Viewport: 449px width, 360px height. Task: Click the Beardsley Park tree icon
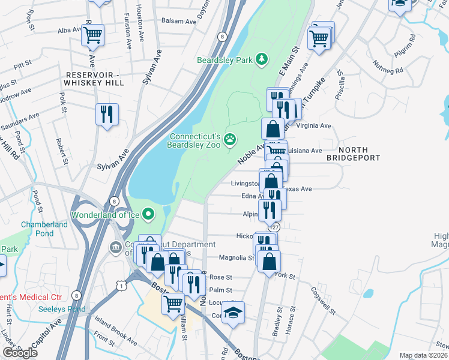(x=261, y=59)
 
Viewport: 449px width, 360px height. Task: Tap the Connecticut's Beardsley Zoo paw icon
(x=230, y=140)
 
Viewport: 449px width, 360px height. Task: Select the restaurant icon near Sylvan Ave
(x=107, y=114)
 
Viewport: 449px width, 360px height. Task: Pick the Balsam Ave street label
(x=179, y=22)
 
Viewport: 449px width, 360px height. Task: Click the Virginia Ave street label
(x=315, y=126)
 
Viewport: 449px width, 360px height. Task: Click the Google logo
(x=20, y=353)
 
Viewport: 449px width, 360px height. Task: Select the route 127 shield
(x=274, y=227)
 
